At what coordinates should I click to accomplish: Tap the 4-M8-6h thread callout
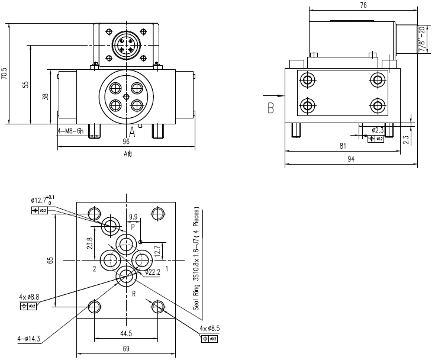[70, 131]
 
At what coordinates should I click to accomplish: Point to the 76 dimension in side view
[363, 5]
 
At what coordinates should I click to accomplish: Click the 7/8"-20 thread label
[422, 39]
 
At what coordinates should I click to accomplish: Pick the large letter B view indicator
[270, 108]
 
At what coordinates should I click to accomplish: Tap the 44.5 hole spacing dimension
[125, 334]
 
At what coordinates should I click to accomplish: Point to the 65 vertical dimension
[50, 261]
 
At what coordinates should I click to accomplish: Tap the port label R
[134, 293]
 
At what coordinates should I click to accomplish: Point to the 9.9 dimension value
[133, 216]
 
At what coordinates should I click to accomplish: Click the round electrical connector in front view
[126, 45]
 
